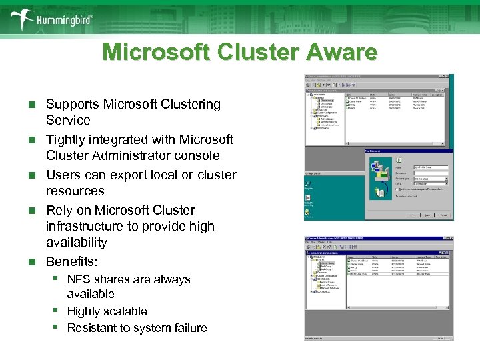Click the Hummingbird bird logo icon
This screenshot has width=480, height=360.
(x=21, y=19)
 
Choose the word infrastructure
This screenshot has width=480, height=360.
(x=83, y=227)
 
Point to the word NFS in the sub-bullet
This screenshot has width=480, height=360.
(x=79, y=279)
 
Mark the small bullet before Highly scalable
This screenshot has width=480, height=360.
(x=59, y=311)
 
